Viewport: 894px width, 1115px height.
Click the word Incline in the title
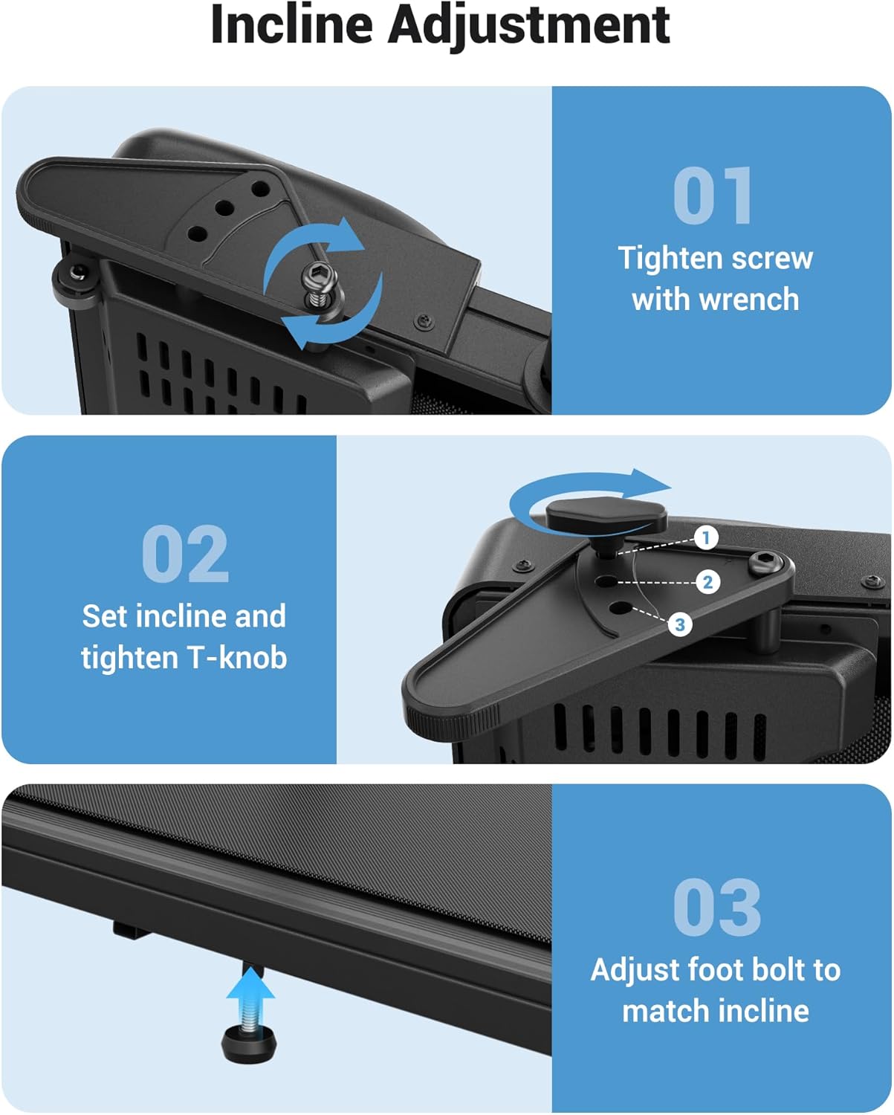pyautogui.click(x=292, y=25)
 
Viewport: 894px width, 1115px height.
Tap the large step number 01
pyautogui.click(x=713, y=195)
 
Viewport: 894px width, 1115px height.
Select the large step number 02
pyautogui.click(x=185, y=553)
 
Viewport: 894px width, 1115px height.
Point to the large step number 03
pyautogui.click(x=717, y=907)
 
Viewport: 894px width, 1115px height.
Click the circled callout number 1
pyautogui.click(x=706, y=538)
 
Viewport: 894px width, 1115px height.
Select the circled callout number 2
pyautogui.click(x=707, y=582)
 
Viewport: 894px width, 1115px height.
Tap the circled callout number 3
pyautogui.click(x=680, y=624)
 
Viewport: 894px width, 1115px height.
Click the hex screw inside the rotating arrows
pyautogui.click(x=317, y=285)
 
